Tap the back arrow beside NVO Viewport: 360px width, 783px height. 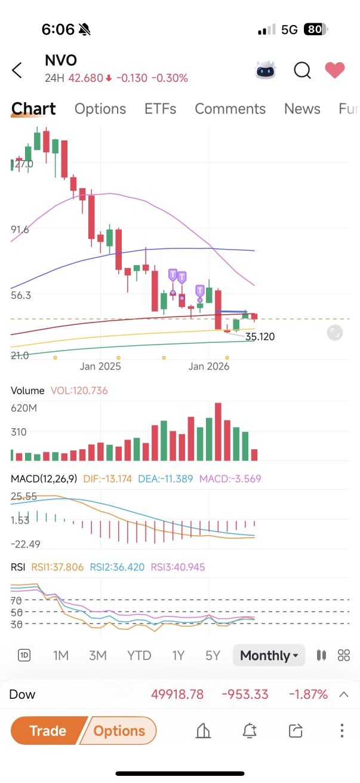tap(17, 70)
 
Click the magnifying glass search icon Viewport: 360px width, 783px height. tap(302, 70)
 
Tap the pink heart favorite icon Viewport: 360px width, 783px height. tap(335, 70)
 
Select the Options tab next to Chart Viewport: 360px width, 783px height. tap(100, 109)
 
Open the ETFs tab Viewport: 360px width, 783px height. tap(161, 109)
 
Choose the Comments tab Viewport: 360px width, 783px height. tap(230, 109)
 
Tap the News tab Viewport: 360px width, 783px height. tap(302, 109)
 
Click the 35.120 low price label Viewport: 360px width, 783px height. tap(260, 337)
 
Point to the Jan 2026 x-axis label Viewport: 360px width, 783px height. tap(209, 366)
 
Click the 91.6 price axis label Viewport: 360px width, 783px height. tap(20, 229)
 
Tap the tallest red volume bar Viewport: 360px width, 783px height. tap(218, 432)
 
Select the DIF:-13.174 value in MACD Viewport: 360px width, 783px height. tap(107, 478)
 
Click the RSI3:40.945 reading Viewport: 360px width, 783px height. tap(178, 567)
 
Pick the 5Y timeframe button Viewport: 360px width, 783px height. tap(213, 655)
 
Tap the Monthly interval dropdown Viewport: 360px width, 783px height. tap(269, 655)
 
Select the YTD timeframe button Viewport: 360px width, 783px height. tap(139, 655)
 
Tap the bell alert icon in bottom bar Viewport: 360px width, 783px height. tap(250, 730)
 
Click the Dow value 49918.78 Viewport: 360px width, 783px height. tap(177, 694)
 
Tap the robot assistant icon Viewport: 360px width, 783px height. tap(266, 70)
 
